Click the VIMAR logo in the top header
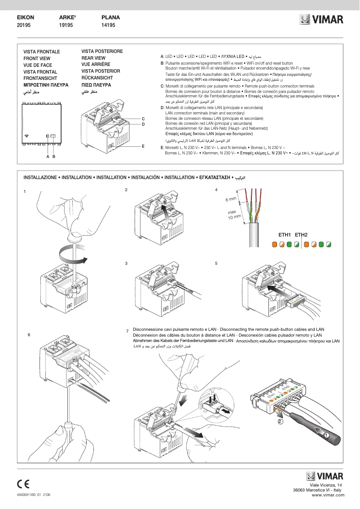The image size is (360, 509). pos(321,20)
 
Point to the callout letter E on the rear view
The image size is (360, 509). pos(143,146)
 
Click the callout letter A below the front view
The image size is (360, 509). pos(48,157)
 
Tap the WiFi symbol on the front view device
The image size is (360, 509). pos(27,135)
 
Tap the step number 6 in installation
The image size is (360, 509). pos(29,335)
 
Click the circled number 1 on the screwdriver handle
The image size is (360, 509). pos(326,435)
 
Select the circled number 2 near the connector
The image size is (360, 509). pos(280,421)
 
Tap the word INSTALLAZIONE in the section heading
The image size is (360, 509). pos(40,178)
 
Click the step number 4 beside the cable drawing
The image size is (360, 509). pos(216,190)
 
